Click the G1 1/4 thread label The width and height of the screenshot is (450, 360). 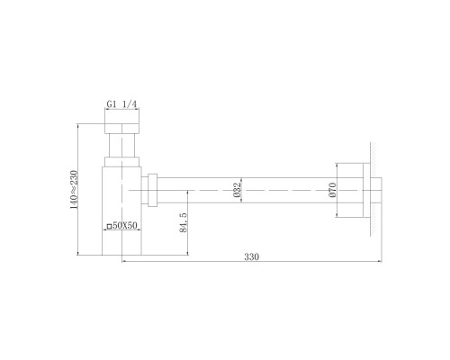121,104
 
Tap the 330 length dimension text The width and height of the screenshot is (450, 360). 251,257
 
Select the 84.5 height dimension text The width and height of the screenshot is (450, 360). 184,222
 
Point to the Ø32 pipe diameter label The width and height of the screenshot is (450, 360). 237,190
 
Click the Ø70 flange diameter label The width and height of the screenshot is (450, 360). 332,190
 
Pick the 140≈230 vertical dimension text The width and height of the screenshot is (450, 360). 74,190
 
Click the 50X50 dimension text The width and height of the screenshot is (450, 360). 125,225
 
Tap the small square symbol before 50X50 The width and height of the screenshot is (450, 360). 110,226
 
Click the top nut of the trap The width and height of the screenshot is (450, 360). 122,129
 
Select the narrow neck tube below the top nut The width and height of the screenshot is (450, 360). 122,145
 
